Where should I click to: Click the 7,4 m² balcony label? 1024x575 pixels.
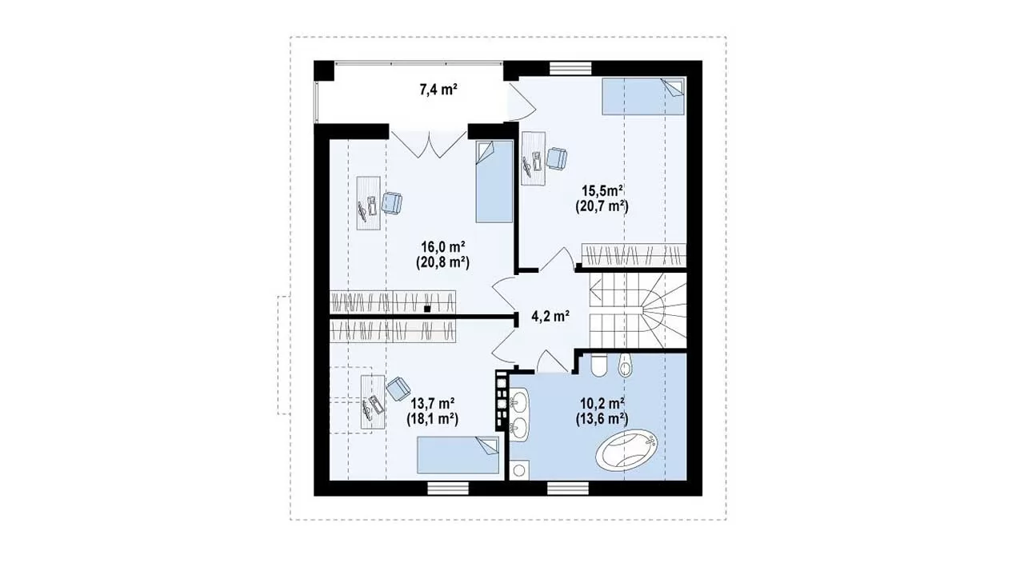(438, 90)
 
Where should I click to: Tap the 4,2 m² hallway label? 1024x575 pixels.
(550, 316)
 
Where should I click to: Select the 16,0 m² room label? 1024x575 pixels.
(443, 247)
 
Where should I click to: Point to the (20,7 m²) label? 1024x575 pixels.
(602, 206)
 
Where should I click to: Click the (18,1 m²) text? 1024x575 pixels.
(433, 419)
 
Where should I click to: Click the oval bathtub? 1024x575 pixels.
(626, 449)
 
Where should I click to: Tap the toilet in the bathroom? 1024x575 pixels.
(598, 365)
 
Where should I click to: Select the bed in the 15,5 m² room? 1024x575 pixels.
(644, 96)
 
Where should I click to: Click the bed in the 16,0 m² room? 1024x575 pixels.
(494, 182)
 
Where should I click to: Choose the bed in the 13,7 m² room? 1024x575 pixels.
(458, 455)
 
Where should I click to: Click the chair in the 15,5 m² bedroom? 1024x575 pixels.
(557, 158)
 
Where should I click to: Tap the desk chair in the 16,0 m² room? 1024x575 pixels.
(392, 203)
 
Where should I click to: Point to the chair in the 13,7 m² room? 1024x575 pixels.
(398, 389)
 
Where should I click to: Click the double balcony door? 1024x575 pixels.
(428, 143)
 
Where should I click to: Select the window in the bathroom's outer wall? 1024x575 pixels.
(568, 489)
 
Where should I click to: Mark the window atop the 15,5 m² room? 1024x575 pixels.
(570, 68)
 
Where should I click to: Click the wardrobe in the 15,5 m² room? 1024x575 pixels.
(634, 255)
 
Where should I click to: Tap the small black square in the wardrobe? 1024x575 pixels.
(427, 309)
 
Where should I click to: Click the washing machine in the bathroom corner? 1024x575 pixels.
(519, 470)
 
